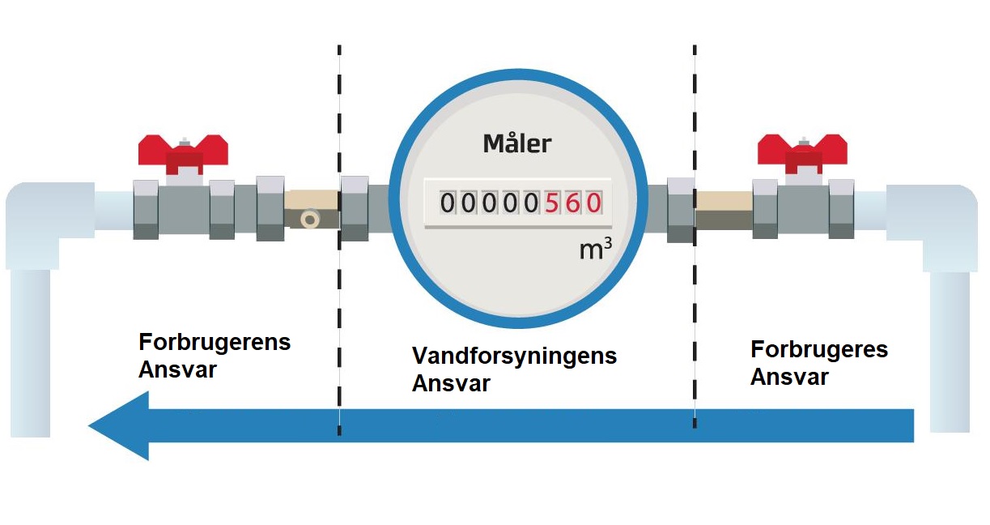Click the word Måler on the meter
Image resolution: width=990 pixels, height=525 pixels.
(x=516, y=144)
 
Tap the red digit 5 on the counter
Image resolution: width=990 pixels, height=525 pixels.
(x=553, y=203)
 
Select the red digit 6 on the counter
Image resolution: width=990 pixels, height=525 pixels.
(x=573, y=203)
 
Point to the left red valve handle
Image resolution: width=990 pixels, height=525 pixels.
(x=183, y=151)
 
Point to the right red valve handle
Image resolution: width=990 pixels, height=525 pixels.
(x=801, y=151)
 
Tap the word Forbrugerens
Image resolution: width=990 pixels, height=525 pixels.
(x=215, y=341)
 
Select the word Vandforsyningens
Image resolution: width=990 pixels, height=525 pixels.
(x=514, y=356)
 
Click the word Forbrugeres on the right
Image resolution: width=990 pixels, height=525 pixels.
(x=819, y=350)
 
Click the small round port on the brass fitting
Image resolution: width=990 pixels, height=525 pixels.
(x=308, y=219)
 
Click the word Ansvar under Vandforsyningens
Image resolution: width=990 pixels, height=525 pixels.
(x=451, y=383)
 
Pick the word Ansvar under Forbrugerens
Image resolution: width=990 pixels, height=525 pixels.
(x=178, y=369)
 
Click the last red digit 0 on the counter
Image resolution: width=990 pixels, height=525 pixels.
(x=593, y=203)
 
